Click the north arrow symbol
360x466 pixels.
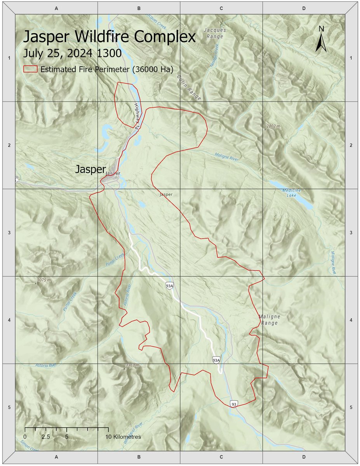[321, 39]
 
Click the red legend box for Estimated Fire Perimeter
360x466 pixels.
[30, 69]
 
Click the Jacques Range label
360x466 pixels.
[215, 33]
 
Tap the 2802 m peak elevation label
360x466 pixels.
[276, 126]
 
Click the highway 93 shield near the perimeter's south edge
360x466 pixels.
[233, 404]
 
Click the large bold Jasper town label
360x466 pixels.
[90, 169]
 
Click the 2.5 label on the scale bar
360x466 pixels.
[46, 436]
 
